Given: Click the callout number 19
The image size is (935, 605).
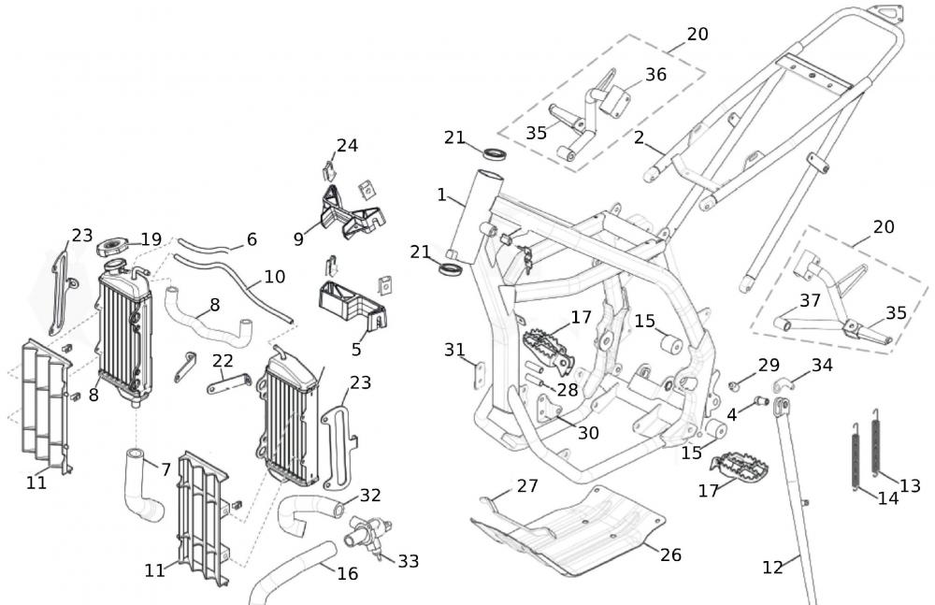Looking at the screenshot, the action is point(151,239).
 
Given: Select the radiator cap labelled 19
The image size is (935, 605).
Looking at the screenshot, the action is point(112,247).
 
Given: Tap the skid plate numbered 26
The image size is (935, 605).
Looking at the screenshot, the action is point(568,531).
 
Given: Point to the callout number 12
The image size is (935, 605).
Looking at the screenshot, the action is point(772,567).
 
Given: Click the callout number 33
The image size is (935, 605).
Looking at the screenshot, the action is point(409,561).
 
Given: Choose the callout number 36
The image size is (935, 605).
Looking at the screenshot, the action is point(656,75).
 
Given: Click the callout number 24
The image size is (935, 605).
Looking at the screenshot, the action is point(347,146).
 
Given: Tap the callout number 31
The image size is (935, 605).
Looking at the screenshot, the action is point(454,350).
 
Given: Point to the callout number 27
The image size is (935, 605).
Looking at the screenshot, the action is point(527,486).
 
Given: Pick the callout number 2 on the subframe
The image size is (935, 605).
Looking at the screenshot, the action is point(640,137).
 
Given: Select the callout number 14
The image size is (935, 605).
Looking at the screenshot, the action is point(888,498).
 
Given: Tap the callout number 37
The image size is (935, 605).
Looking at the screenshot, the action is point(810,301).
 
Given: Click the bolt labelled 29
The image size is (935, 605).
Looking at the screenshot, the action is point(734,386).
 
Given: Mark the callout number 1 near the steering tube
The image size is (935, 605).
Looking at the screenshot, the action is point(441,194).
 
